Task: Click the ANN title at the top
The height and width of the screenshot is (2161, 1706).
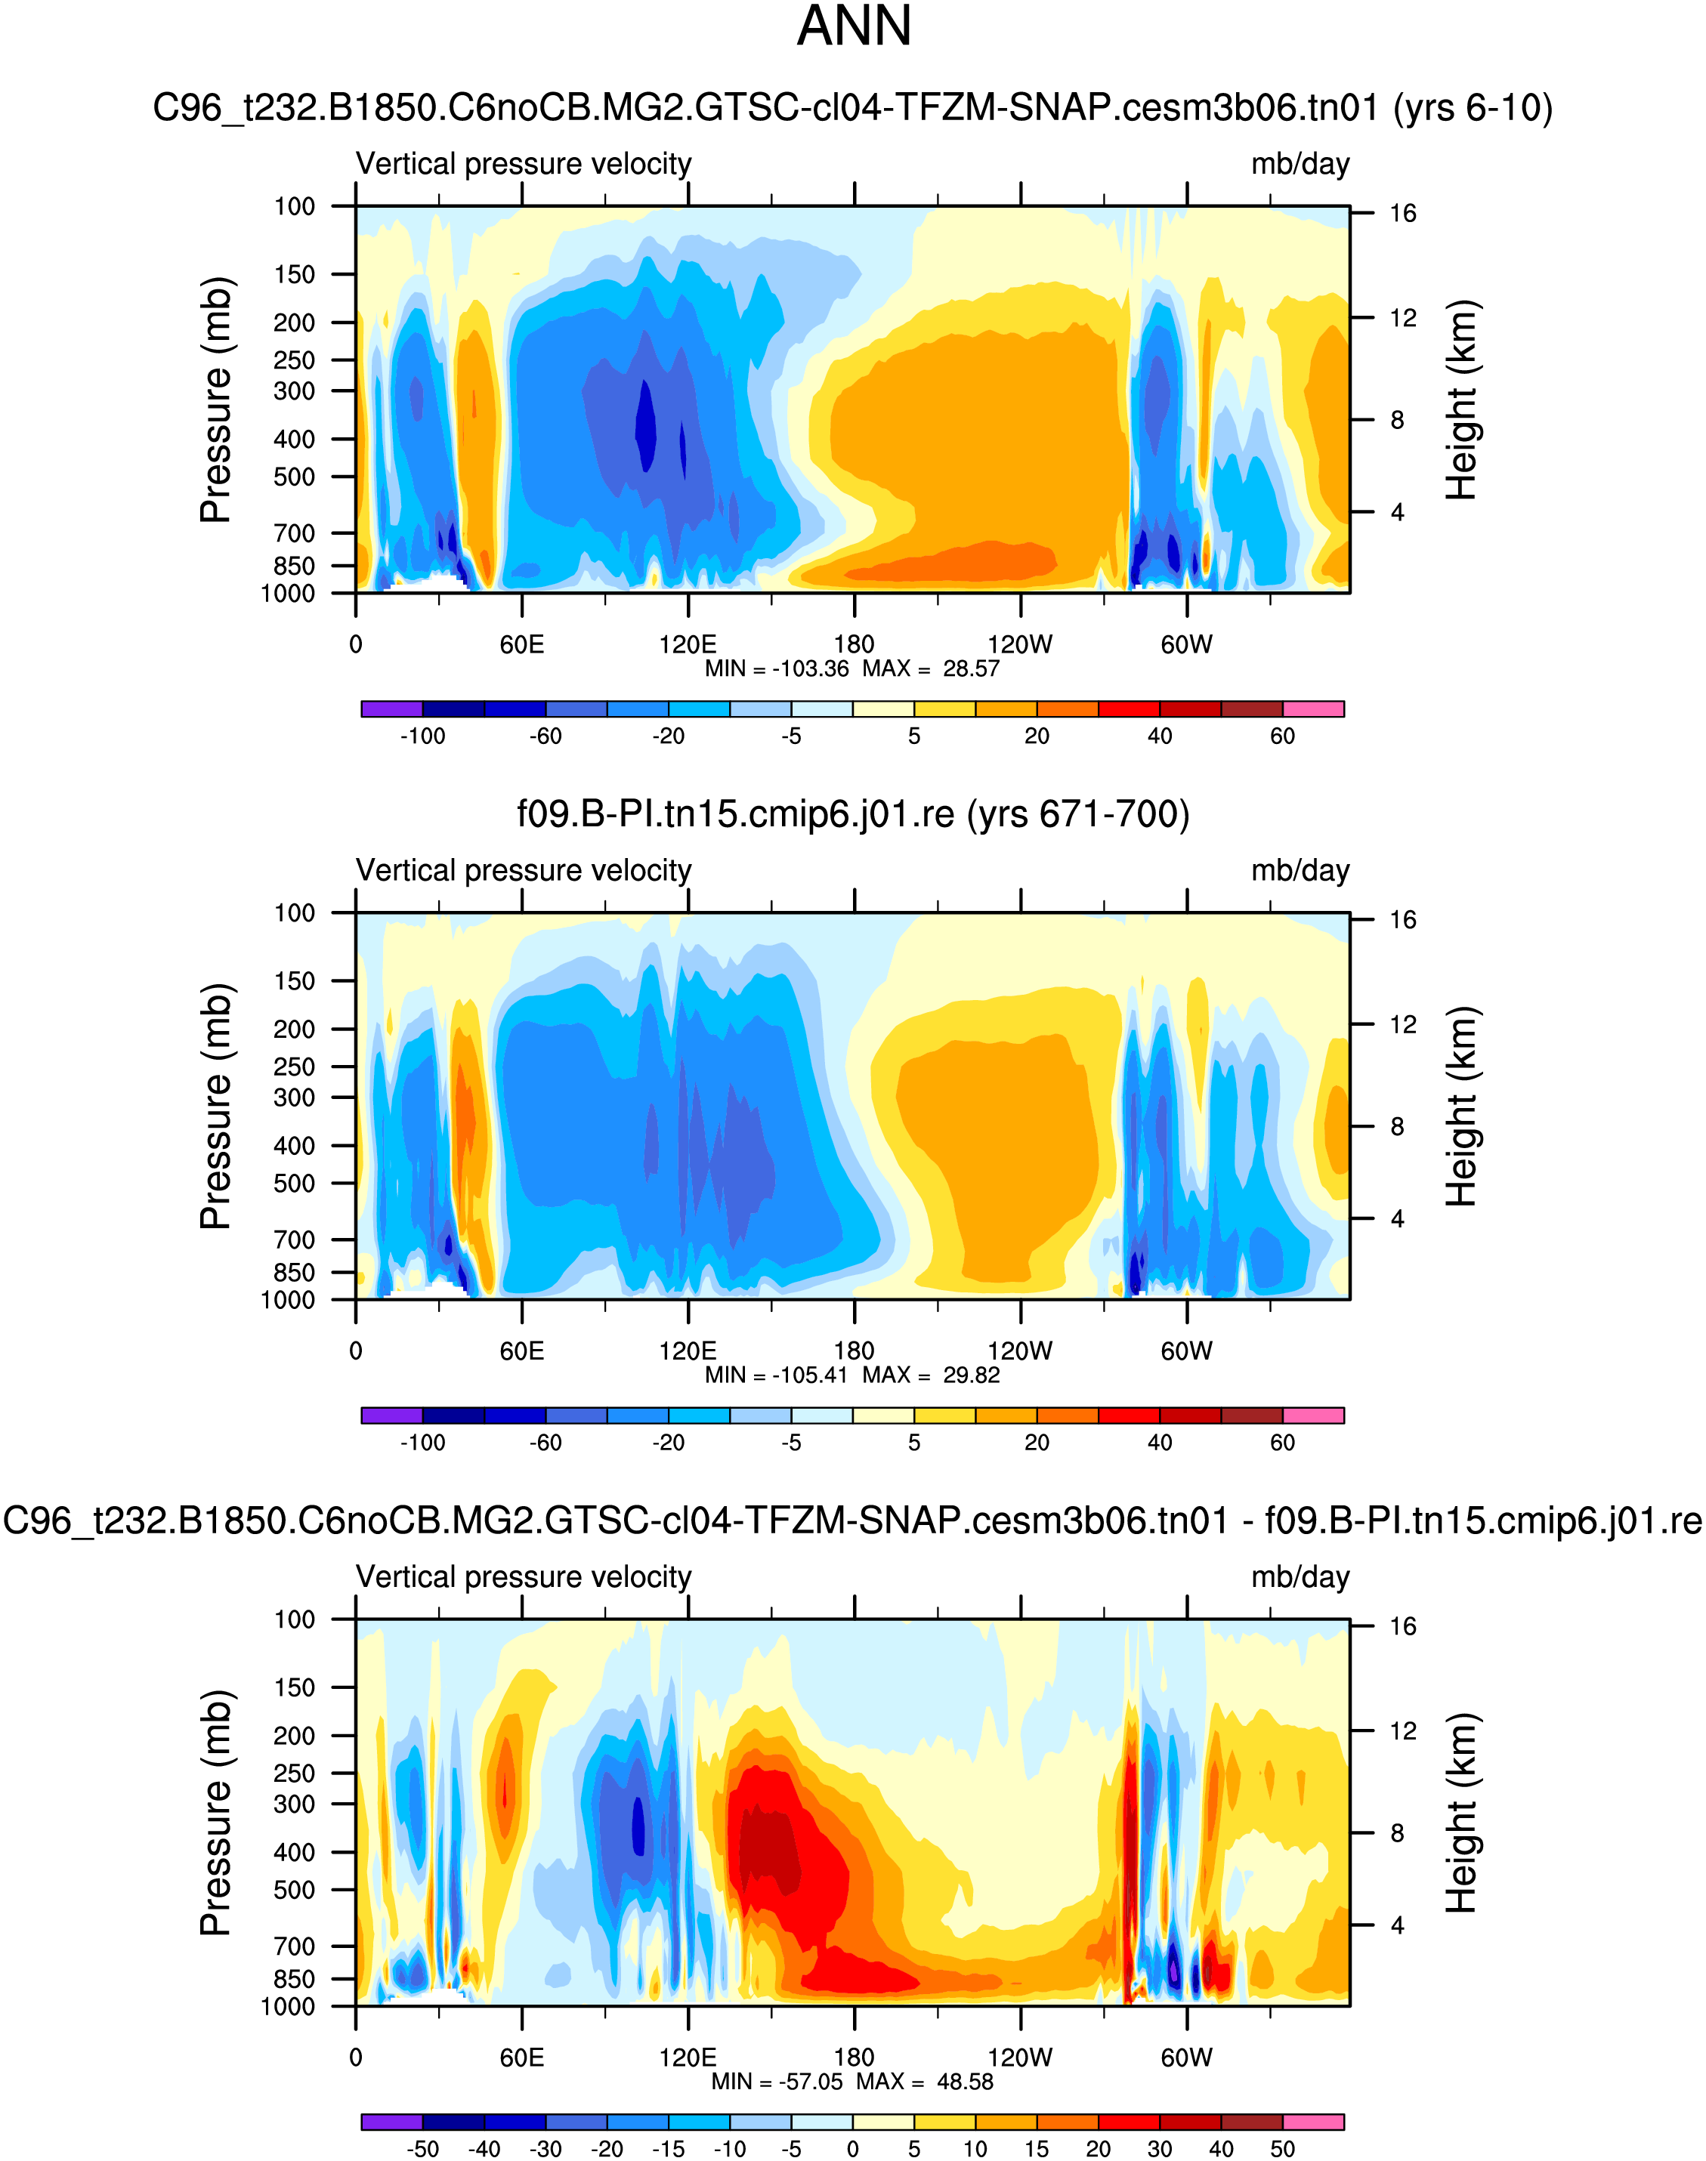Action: (x=854, y=27)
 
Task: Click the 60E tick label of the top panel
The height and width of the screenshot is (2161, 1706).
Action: (x=521, y=644)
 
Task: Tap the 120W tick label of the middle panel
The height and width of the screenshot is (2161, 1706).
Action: (x=1020, y=1351)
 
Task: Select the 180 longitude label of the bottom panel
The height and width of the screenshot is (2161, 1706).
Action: (x=854, y=2058)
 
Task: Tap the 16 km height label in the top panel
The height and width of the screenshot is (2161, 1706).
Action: (x=1402, y=213)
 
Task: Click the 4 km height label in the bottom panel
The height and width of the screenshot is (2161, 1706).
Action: (x=1397, y=1925)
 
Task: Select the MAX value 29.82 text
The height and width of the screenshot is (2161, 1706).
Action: (x=971, y=1375)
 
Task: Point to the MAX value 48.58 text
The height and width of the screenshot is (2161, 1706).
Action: (x=965, y=2081)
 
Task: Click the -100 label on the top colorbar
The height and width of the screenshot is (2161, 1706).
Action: (x=422, y=736)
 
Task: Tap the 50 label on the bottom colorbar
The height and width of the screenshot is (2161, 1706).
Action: (x=1282, y=2148)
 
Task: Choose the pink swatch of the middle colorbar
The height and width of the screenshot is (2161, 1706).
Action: (x=1313, y=1415)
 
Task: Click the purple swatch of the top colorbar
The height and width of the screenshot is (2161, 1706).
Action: (x=391, y=709)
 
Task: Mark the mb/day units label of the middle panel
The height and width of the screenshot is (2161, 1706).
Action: (x=1300, y=871)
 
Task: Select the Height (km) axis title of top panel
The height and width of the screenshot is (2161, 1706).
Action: (x=1460, y=400)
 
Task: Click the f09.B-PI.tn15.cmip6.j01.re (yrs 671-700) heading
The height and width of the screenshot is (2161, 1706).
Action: (x=853, y=814)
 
